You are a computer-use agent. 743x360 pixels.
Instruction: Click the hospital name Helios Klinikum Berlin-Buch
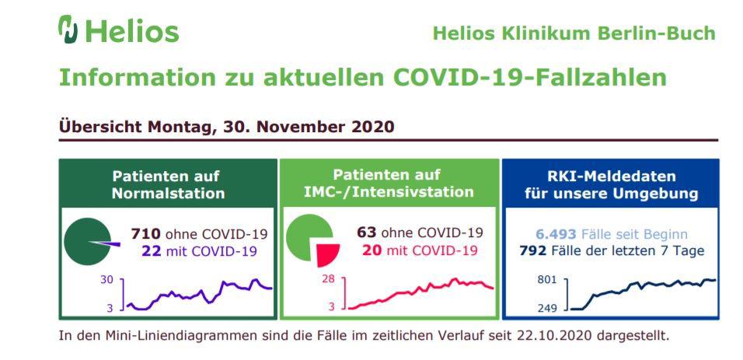pyautogui.click(x=574, y=33)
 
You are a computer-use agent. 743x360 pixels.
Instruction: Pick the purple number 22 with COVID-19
pyautogui.click(x=152, y=250)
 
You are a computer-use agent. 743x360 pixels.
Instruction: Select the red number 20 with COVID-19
pyautogui.click(x=372, y=250)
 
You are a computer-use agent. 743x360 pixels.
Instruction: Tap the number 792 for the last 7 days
pyautogui.click(x=533, y=250)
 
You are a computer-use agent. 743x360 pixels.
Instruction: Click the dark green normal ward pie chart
pyautogui.click(x=85, y=242)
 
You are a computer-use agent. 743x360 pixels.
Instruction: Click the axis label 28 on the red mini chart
pyautogui.click(x=328, y=279)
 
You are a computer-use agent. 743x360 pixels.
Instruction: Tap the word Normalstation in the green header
pyautogui.click(x=168, y=193)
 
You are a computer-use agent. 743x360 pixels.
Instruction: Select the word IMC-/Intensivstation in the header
pyautogui.click(x=389, y=191)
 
